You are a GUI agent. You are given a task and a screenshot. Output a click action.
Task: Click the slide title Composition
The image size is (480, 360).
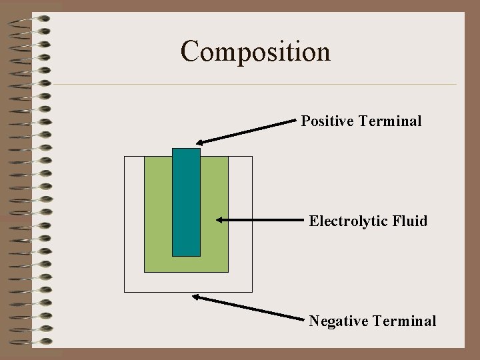pyautogui.click(x=255, y=51)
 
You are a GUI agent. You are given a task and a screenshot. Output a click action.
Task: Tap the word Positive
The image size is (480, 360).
pyautogui.click(x=327, y=121)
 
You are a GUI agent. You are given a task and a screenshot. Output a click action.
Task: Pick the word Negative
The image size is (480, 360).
pyautogui.click(x=339, y=321)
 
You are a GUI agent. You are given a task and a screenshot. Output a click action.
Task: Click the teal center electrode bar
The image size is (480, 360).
pyautogui.click(x=186, y=201)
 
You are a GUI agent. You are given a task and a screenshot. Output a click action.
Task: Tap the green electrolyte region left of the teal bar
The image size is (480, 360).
pyautogui.click(x=158, y=213)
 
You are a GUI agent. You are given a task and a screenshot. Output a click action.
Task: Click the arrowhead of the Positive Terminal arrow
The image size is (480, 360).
pyautogui.click(x=200, y=142)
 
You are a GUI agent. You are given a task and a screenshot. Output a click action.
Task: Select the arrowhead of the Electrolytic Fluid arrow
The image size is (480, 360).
pyautogui.click(x=219, y=219)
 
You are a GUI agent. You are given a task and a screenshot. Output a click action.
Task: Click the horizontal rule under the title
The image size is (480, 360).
pyautogui.click(x=253, y=85)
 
